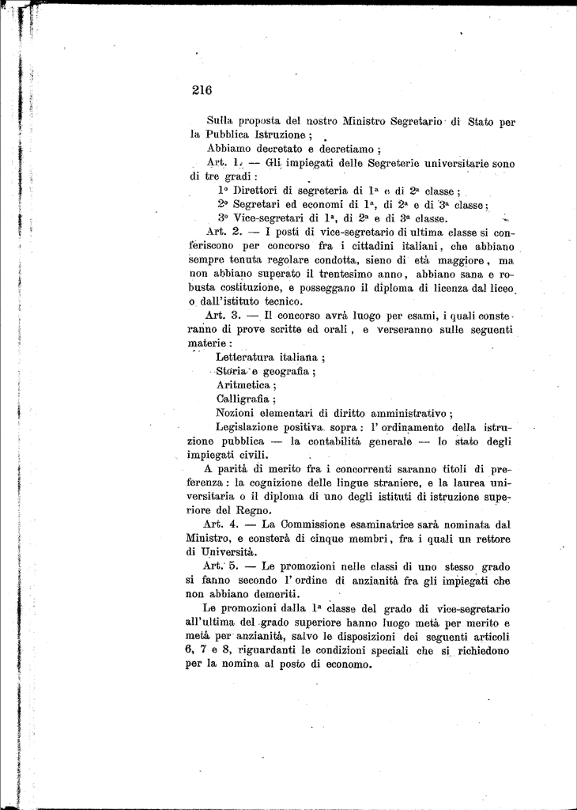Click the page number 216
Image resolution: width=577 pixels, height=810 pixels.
202,90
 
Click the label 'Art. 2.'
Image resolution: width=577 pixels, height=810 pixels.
223,232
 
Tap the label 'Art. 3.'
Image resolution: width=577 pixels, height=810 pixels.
223,315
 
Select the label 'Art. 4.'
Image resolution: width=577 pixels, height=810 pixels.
222,524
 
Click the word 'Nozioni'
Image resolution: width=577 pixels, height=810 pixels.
237,412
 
